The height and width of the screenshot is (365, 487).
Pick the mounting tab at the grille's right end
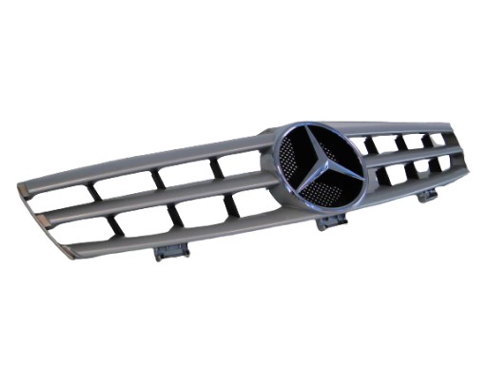pyautogui.click(x=427, y=195)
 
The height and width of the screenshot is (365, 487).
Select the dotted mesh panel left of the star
pyautogui.click(x=291, y=162)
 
